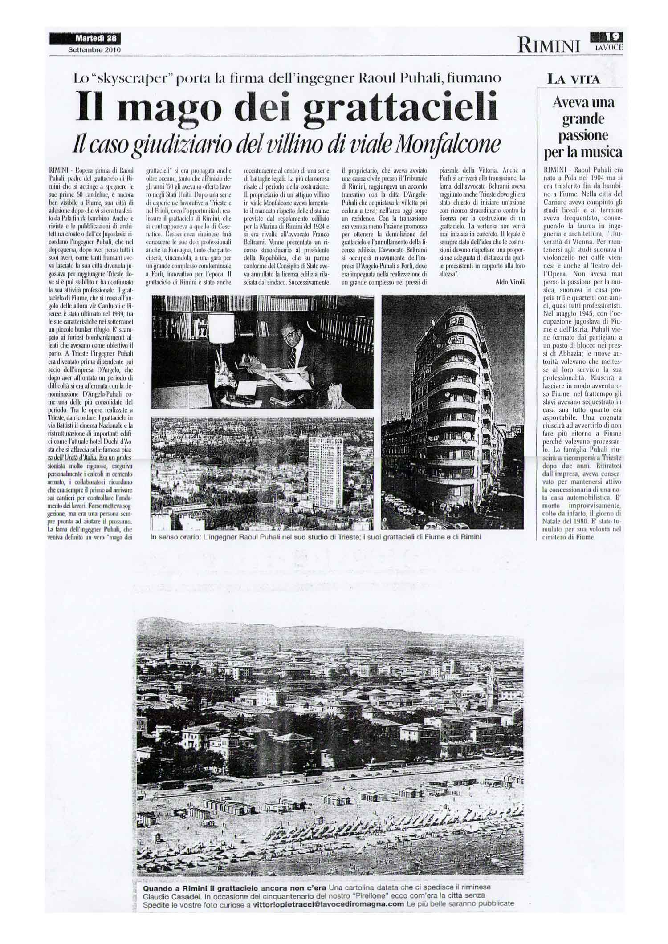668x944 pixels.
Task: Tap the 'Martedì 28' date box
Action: [x=85, y=39]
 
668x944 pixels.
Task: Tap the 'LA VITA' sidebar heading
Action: [x=574, y=80]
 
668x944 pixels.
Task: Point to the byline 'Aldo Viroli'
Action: [x=509, y=281]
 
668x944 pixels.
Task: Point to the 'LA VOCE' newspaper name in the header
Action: [x=609, y=46]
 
